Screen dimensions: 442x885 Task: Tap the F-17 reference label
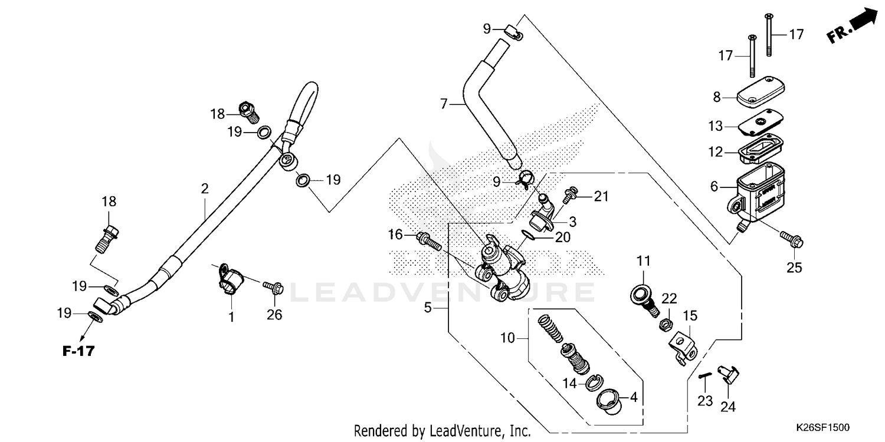[x=78, y=352]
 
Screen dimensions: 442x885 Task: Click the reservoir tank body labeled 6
[x=759, y=188]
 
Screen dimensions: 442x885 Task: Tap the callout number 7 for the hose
[x=444, y=105]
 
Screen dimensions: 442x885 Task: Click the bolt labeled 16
[x=427, y=239]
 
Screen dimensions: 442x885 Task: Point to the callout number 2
[x=204, y=189]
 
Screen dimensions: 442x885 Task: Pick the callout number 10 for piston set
[x=507, y=338]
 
